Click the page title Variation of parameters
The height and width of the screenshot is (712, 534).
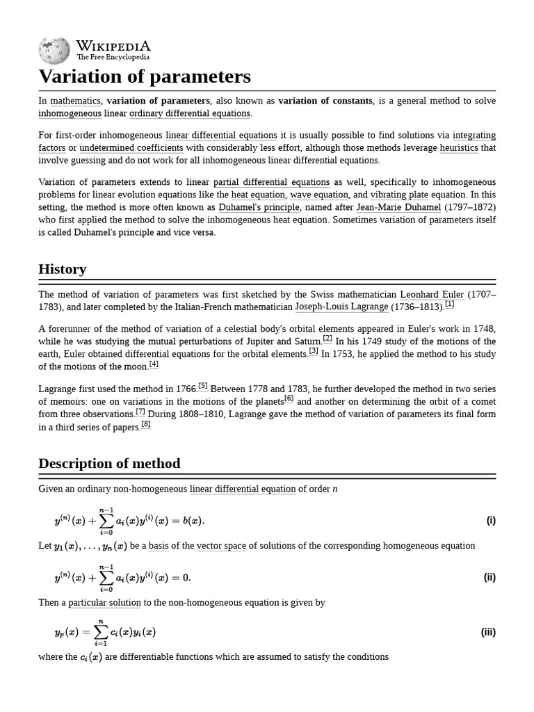144,76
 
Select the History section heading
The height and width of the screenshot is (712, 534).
63,269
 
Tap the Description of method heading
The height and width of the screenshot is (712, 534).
109,464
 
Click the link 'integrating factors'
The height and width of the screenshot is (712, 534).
474,136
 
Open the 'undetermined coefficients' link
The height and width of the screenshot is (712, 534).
131,148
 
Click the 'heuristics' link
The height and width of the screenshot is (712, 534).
458,148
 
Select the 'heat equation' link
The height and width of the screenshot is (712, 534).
258,195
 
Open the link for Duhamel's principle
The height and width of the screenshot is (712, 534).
259,207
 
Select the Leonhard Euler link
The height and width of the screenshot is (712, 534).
432,294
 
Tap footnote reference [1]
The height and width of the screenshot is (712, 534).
449,304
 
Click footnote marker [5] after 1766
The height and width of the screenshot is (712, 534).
203,385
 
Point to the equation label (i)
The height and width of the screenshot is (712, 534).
491,521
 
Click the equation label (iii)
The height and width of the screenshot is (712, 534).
488,633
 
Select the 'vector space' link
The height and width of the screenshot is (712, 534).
221,546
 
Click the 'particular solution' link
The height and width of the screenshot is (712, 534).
104,603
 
